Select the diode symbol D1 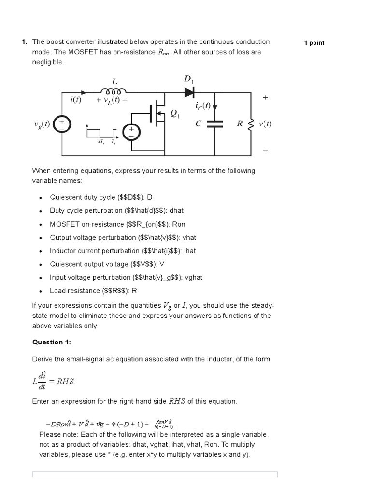tap(189, 91)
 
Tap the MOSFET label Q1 tap(174, 114)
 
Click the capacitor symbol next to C tap(215, 123)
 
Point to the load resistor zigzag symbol tap(250, 123)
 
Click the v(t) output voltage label tap(265, 123)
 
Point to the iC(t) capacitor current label tap(203, 106)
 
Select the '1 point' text tap(314, 43)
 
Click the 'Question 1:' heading tap(51, 342)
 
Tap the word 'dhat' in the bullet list tap(176, 211)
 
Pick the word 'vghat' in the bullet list tap(194, 277)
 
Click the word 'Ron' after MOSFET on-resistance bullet tap(179, 224)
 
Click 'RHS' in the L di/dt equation tap(66, 381)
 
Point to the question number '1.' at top tap(24, 42)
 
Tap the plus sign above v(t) tap(265, 97)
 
